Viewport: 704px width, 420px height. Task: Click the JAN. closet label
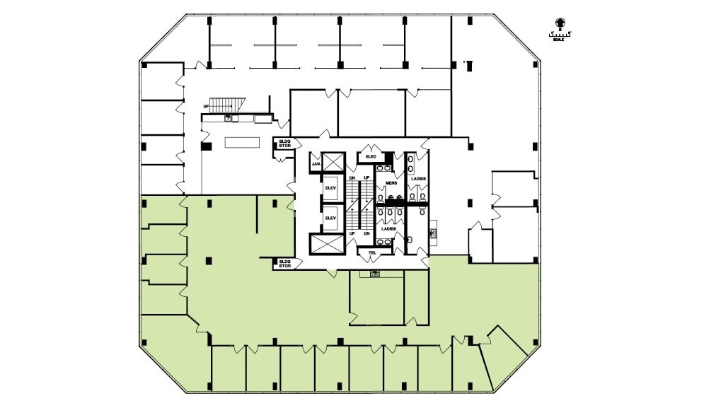tap(316, 164)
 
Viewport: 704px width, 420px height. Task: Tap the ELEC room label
tap(370, 156)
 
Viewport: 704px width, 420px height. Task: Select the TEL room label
tap(371, 252)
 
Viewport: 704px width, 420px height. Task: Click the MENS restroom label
tap(391, 183)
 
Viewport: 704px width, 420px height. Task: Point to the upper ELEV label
tap(330, 187)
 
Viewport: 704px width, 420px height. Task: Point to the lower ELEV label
tap(330, 218)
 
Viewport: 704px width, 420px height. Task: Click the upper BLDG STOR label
tap(284, 144)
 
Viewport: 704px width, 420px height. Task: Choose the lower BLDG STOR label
tap(284, 263)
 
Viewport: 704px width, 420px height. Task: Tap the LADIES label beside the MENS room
tap(418, 180)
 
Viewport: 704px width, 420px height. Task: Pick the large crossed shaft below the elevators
tap(325, 244)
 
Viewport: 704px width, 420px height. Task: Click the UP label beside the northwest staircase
tap(206, 107)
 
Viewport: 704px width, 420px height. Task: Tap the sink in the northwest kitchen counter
tap(228, 118)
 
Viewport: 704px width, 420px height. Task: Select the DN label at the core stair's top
tap(352, 177)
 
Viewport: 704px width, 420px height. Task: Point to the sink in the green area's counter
tap(375, 274)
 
